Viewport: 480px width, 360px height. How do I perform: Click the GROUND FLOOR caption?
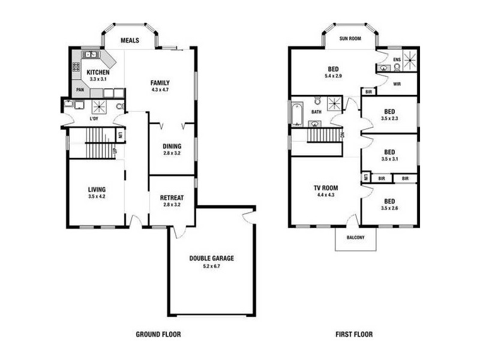pos(158,334)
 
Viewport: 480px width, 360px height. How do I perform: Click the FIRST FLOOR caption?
pos(354,334)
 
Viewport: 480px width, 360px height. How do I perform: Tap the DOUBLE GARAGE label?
pos(212,259)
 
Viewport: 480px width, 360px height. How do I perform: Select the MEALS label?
pos(130,41)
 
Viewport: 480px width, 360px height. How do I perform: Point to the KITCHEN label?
pos(98,72)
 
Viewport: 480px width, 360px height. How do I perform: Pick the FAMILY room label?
pos(160,83)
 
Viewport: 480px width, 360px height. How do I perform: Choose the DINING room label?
pos(172,146)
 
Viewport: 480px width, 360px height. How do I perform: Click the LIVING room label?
pos(97,190)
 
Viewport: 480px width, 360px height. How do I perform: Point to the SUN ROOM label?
pos(350,38)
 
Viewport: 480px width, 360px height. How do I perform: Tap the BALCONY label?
pos(355,238)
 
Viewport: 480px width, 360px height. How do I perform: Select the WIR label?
pos(397,84)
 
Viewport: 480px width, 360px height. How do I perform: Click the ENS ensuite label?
pos(397,60)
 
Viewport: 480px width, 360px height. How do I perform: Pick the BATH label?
pos(317,112)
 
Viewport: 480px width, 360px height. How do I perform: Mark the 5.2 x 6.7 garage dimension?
pos(212,266)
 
